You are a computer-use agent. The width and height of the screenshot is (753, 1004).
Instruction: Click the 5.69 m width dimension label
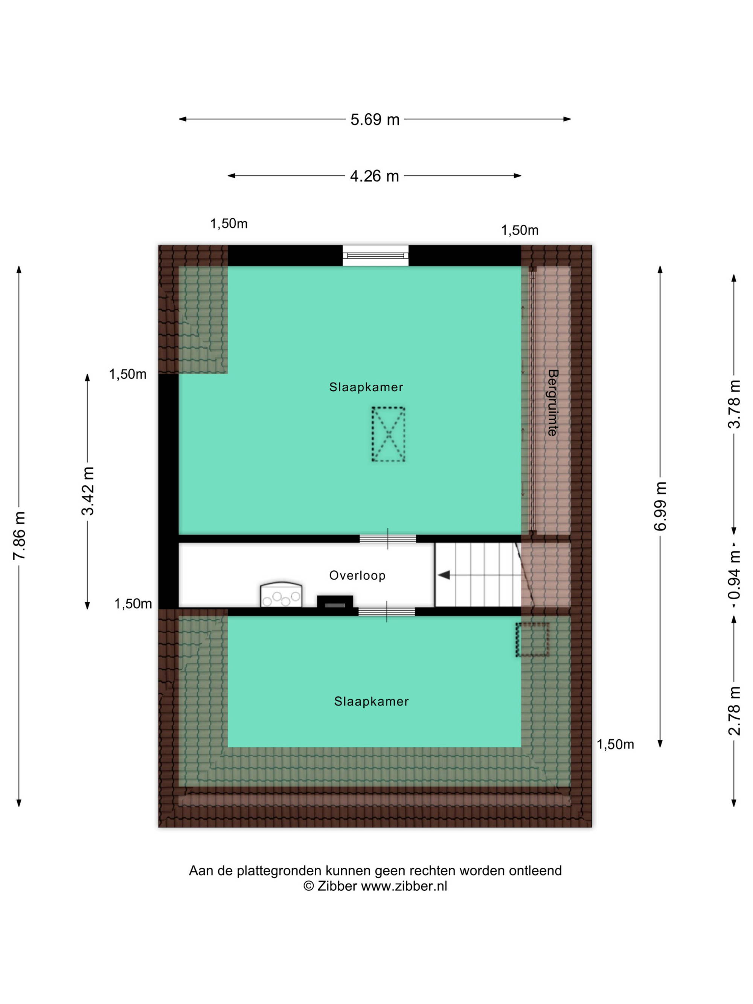(375, 119)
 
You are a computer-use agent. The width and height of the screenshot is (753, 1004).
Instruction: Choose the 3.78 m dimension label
(734, 404)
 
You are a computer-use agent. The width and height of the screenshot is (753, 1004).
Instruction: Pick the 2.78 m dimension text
(734, 711)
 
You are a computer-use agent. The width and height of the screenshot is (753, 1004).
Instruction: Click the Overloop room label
(357, 576)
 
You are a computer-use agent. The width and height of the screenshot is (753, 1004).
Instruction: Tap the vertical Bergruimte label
(552, 402)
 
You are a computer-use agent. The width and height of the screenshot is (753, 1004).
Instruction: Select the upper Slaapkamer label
(366, 387)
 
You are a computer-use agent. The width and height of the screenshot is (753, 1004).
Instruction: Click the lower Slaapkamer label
(371, 701)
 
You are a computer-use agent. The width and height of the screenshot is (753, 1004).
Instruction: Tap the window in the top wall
(375, 256)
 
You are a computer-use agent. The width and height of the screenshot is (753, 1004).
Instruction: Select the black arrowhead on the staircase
(444, 575)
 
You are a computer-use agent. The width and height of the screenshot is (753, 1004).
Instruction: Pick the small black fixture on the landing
(335, 602)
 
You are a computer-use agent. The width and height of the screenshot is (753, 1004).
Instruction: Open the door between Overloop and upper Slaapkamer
(388, 539)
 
